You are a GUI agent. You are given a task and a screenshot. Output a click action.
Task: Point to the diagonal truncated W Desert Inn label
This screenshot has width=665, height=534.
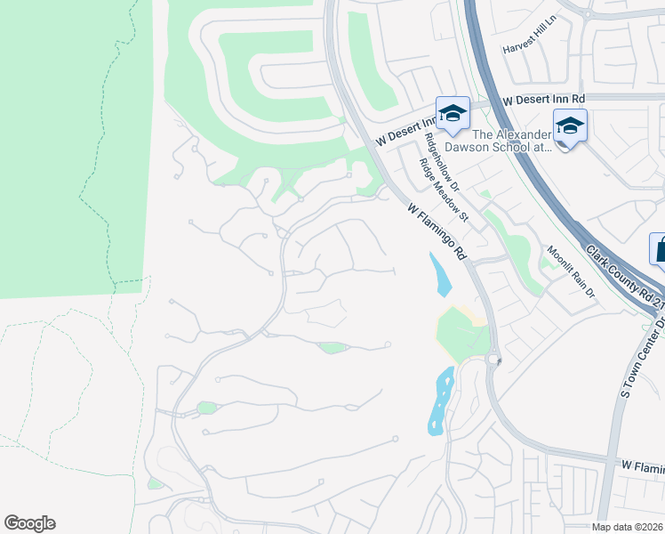(405, 130)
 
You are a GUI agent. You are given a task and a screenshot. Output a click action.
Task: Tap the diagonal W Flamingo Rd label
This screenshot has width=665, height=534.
(437, 231)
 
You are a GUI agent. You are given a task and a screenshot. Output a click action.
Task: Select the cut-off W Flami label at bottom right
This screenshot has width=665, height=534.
(642, 465)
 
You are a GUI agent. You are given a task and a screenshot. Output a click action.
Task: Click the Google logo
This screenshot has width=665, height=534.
(29, 523)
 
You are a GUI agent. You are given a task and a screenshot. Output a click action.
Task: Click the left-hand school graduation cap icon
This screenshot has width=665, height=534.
(453, 113)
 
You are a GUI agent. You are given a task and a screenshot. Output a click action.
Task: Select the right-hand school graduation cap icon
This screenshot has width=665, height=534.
(570, 125)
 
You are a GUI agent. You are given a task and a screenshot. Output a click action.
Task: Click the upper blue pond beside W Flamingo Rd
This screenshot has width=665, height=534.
(439, 274)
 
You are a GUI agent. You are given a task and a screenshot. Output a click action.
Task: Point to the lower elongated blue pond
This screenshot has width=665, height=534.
(440, 400)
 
